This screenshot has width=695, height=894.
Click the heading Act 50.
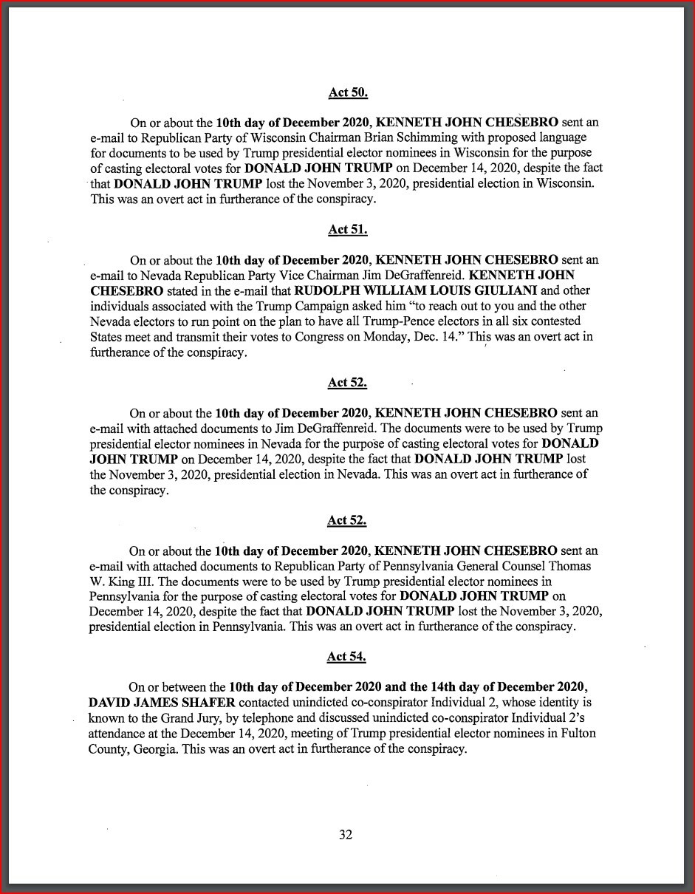pos(348,93)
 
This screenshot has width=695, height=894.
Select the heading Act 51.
pos(348,230)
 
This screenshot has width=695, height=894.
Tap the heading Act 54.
pos(347,656)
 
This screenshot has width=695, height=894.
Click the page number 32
pos(346,835)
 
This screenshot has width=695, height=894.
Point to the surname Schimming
pos(463,137)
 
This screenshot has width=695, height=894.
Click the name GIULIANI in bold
pos(503,290)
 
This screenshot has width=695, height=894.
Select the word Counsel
pos(517,566)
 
